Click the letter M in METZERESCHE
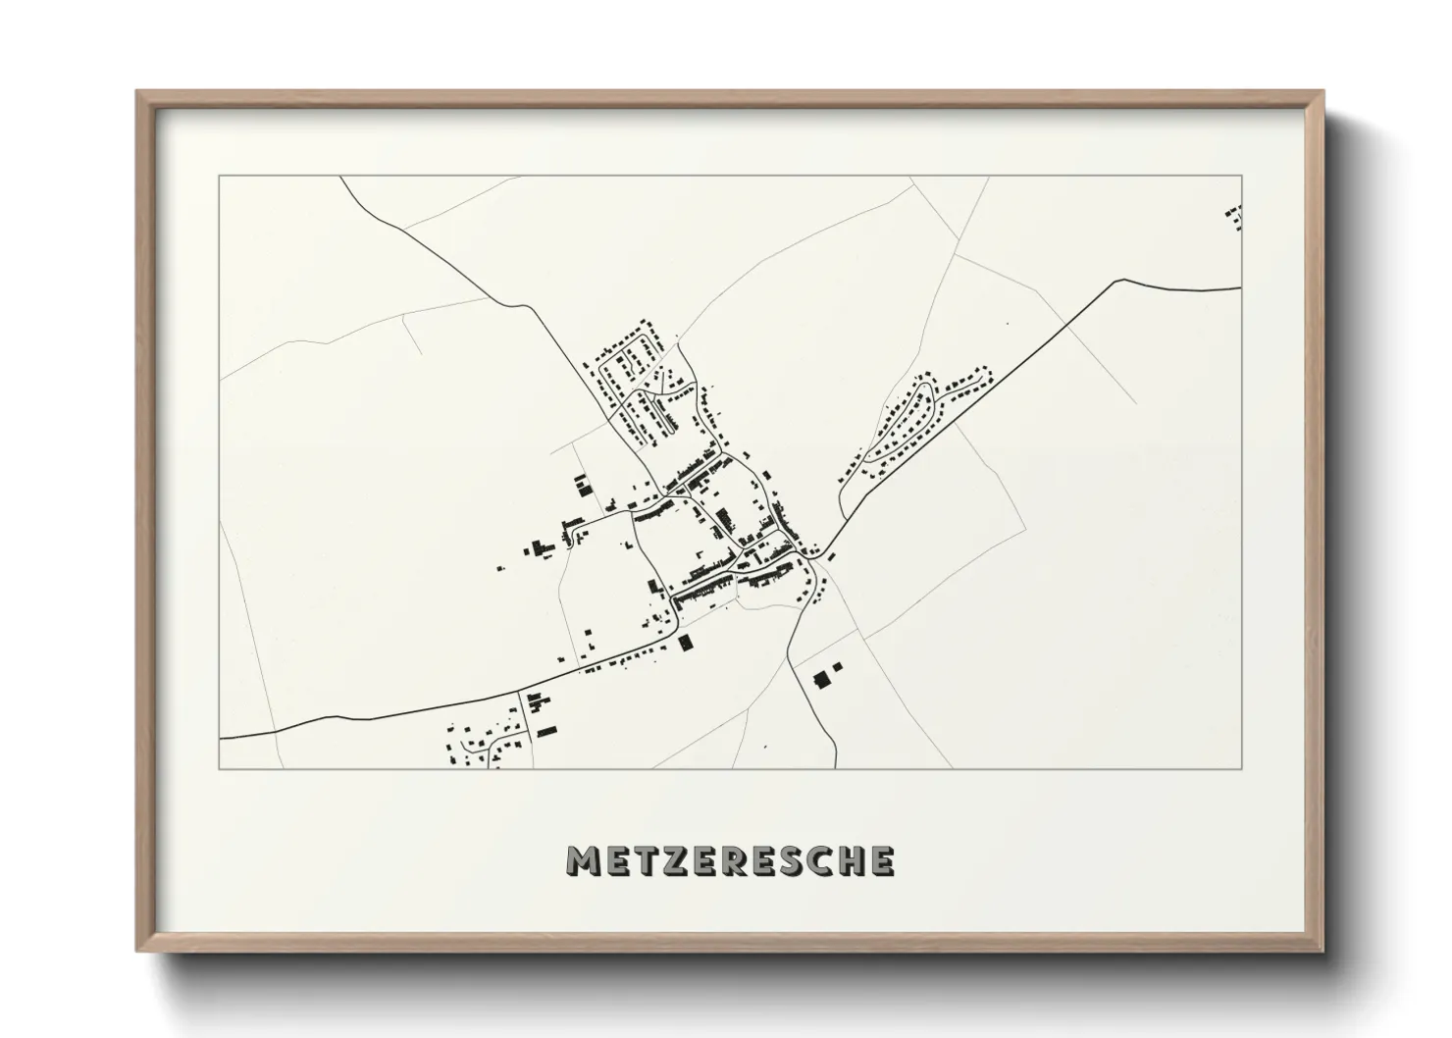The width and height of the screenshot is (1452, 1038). (583, 861)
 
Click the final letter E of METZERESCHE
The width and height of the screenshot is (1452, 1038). (882, 861)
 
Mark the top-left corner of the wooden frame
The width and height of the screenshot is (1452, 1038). (137, 92)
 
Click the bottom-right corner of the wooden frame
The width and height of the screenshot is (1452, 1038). (1322, 951)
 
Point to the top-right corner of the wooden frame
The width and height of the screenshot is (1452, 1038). (1322, 92)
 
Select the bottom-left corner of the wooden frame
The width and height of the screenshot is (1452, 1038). (137, 951)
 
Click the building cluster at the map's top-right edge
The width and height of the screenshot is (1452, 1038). (1234, 217)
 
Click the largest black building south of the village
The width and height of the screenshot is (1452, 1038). (822, 678)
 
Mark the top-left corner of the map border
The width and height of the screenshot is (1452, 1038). (220, 177)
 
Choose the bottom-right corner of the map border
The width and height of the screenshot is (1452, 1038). (1242, 768)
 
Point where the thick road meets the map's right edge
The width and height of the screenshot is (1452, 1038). (1241, 287)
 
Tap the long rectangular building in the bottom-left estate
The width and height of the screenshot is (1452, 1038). (546, 730)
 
